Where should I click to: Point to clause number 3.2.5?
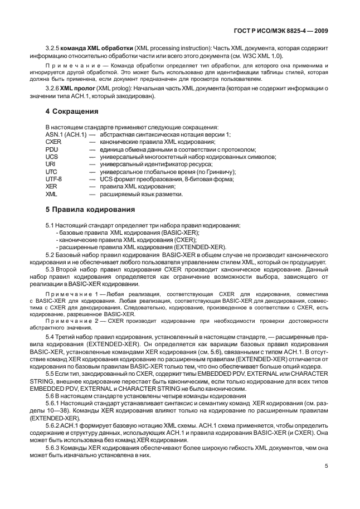(52, 49)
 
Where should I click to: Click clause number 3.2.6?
(52, 89)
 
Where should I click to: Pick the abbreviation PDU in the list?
(51, 149)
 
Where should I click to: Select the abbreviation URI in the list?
(50, 164)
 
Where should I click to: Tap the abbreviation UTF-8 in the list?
(53, 179)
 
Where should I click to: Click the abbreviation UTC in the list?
(51, 172)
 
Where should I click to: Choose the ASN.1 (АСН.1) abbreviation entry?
(65, 134)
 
